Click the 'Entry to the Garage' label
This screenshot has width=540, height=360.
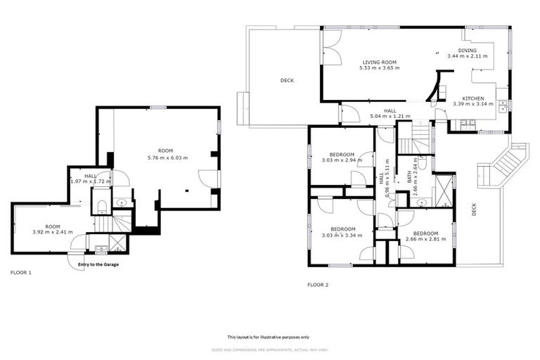tap(98, 264)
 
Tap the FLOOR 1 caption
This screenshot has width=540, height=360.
tap(21, 271)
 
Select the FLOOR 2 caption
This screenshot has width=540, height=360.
tap(318, 285)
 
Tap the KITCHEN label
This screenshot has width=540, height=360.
tap(473, 98)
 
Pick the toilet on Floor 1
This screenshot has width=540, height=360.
tap(102, 206)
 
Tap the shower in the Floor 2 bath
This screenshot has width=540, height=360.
tap(444, 189)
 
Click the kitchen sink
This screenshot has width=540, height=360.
tap(503, 107)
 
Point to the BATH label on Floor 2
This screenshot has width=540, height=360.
tap(409, 179)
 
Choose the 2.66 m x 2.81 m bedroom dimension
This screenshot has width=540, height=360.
tap(425, 239)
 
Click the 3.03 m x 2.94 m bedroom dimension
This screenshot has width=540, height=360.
tap(342, 160)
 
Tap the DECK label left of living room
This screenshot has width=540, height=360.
tap(287, 81)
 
